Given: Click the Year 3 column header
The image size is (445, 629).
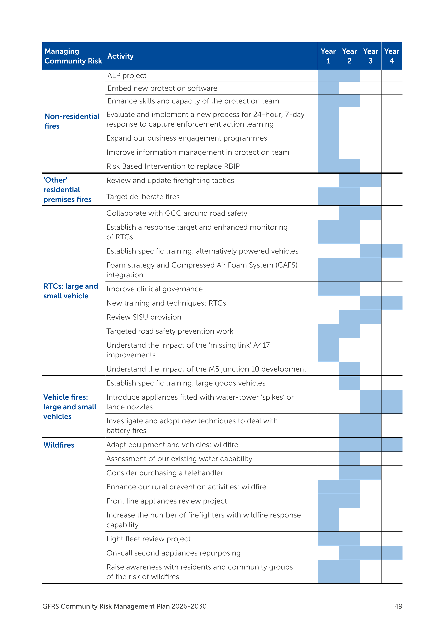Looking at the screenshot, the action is click(370, 56).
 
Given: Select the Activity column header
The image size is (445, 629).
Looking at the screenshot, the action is click(121, 56).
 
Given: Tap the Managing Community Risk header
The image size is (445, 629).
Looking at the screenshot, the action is click(73, 56).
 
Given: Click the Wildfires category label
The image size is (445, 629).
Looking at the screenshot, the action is click(59, 445).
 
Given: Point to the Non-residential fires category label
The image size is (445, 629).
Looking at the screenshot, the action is click(72, 121).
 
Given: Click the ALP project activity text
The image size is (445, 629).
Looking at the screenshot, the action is click(127, 76).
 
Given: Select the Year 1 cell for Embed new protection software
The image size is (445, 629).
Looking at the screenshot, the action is click(328, 88).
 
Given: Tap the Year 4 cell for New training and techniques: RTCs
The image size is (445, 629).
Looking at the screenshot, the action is click(392, 303).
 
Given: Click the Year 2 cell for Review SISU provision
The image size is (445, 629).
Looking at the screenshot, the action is click(349, 317).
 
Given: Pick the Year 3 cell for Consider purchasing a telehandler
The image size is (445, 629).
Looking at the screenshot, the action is click(370, 473).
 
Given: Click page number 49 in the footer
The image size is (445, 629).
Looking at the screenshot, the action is click(398, 606).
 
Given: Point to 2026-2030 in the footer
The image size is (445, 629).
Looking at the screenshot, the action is click(189, 606).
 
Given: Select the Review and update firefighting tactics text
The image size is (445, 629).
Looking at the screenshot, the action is click(170, 181).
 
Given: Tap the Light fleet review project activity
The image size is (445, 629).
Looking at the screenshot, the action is click(149, 539).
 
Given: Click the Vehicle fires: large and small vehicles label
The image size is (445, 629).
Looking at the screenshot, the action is click(70, 407).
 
